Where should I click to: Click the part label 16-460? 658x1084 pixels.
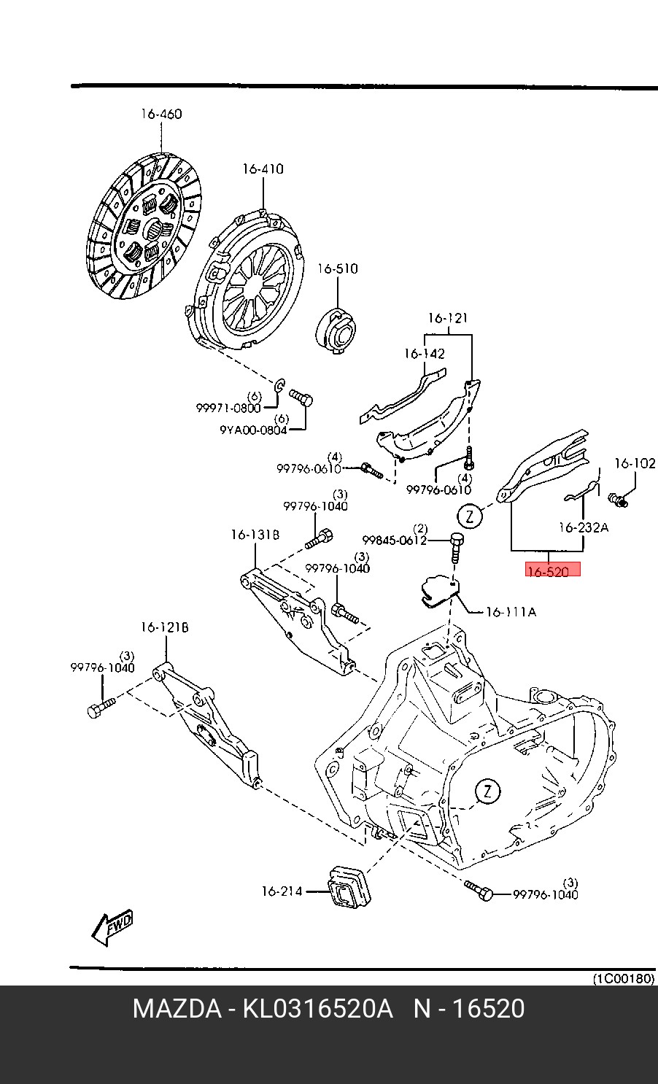[161, 115]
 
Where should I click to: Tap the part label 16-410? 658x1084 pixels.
[263, 169]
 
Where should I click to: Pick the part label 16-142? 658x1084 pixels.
[424, 354]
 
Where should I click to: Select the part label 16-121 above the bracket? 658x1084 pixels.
[447, 319]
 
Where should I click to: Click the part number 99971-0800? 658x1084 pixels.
[228, 409]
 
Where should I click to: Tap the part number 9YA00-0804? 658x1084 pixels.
[252, 430]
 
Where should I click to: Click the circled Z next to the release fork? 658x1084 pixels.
[471, 516]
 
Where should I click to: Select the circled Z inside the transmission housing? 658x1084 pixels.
[487, 791]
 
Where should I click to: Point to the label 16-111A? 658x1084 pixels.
[510, 612]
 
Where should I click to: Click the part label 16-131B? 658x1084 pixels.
[255, 535]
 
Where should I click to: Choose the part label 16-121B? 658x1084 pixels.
[165, 627]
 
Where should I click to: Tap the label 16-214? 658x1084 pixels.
[282, 891]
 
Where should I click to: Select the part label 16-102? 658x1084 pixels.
[634, 463]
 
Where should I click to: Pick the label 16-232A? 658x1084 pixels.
[583, 527]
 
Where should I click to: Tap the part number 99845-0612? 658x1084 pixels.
[394, 540]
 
